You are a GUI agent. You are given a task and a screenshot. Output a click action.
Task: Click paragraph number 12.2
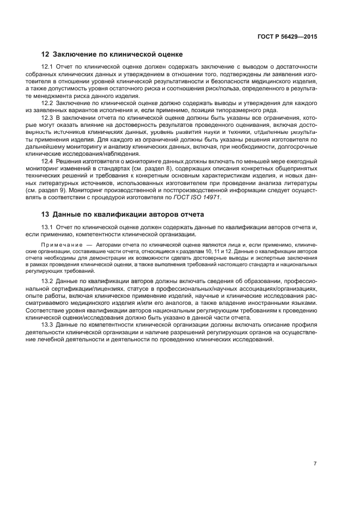48,102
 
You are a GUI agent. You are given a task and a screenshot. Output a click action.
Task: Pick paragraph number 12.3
48,117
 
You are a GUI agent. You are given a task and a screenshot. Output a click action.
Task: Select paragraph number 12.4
48,161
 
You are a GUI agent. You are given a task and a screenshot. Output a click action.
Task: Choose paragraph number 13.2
48,281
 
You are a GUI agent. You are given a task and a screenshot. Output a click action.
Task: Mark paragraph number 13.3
48,325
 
